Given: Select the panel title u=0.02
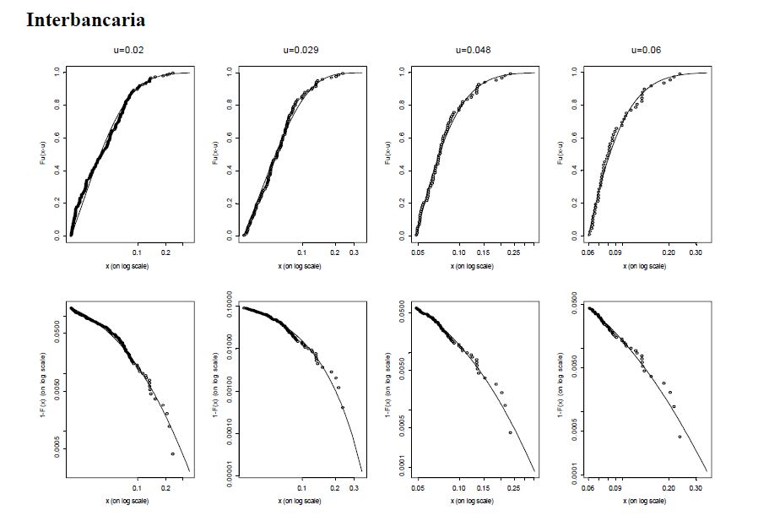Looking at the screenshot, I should click(x=129, y=50).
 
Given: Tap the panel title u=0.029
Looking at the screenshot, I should click(x=301, y=50).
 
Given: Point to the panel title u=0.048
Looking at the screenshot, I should click(x=474, y=50).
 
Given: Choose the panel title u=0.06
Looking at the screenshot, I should click(x=647, y=50).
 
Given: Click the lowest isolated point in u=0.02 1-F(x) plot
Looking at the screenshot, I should click(x=172, y=454).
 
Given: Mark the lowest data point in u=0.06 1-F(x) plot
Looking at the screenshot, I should click(x=680, y=437).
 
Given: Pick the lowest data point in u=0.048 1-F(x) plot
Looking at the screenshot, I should click(x=510, y=432).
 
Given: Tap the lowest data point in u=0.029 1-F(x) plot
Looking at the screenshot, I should click(x=343, y=408).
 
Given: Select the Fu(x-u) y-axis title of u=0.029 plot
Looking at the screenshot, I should click(x=214, y=154).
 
